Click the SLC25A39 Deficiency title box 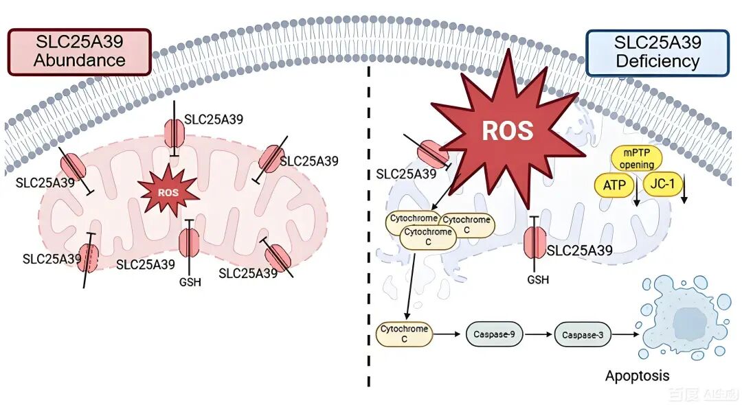657,52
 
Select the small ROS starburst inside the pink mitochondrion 168,193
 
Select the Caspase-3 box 582,334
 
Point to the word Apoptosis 637,375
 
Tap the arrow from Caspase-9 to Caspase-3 538,334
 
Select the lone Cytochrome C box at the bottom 405,334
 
